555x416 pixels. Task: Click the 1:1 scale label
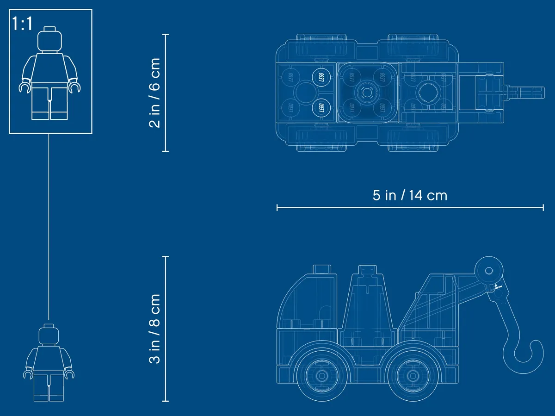point(22,24)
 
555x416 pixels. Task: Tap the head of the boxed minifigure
point(49,39)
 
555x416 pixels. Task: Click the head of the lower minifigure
point(49,335)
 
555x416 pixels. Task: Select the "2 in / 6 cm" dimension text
point(154,93)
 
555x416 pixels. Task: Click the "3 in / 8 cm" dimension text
point(154,329)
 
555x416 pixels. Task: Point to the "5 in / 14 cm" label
point(410,195)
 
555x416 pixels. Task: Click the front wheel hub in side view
point(321,376)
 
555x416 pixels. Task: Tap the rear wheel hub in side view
point(413,376)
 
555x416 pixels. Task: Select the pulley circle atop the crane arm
point(489,271)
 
